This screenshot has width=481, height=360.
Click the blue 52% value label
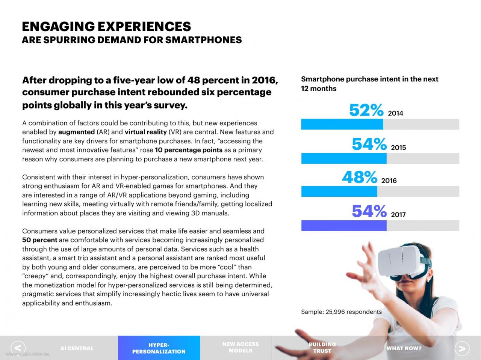(x=366, y=110)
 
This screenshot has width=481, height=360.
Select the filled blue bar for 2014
(x=342, y=124)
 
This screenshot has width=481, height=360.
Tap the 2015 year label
(x=398, y=148)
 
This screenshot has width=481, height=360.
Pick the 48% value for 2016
(x=360, y=177)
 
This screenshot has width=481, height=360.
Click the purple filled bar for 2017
(x=344, y=225)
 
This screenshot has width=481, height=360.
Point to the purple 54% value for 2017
(x=369, y=211)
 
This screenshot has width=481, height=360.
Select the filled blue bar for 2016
(x=339, y=191)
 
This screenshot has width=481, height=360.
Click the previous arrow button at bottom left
(x=18, y=348)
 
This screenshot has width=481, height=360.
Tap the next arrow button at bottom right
(x=462, y=348)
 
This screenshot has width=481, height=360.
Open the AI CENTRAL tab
(x=77, y=348)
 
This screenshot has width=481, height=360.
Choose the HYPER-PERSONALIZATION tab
(x=159, y=348)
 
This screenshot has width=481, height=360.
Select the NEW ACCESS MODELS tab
(x=240, y=347)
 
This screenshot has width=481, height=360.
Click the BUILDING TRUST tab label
(x=322, y=348)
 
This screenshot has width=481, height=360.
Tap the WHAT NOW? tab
(x=404, y=348)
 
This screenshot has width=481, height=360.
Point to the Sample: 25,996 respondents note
(x=341, y=312)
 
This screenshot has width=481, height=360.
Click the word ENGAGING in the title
(x=58, y=27)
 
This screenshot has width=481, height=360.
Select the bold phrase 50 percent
(x=40, y=240)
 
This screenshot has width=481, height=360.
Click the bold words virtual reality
(x=146, y=132)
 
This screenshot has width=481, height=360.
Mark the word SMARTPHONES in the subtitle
(x=203, y=40)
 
